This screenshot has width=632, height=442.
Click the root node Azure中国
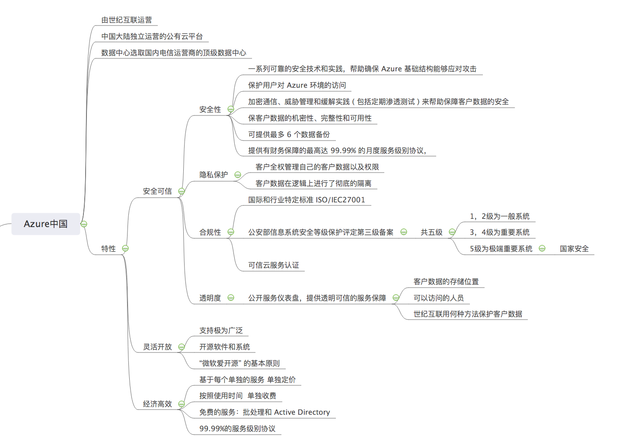tap(46, 224)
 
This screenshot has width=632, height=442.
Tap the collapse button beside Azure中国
tap(84, 224)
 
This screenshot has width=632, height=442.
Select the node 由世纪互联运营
tap(127, 20)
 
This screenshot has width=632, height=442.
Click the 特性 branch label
tap(109, 248)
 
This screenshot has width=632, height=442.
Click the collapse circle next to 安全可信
tap(182, 191)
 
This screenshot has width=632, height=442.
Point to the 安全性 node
tap(210, 109)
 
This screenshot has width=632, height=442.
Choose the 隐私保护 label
tap(214, 175)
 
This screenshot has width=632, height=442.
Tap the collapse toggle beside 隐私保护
tap(238, 175)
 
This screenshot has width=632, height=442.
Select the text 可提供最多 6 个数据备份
tap(289, 135)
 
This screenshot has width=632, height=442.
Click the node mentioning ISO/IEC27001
tap(306, 200)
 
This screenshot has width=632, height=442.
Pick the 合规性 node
tap(210, 232)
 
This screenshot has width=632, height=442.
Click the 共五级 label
tap(431, 232)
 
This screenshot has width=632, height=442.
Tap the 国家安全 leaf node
tap(574, 248)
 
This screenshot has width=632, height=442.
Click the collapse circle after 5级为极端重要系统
tap(542, 248)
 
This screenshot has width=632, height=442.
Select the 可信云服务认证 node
tap(274, 265)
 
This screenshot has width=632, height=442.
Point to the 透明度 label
tap(210, 298)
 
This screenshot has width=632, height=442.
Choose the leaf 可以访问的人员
tap(439, 298)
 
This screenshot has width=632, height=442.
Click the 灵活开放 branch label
tap(157, 346)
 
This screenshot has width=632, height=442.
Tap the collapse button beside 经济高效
tap(182, 404)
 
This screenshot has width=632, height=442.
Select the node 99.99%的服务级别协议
tap(237, 429)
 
